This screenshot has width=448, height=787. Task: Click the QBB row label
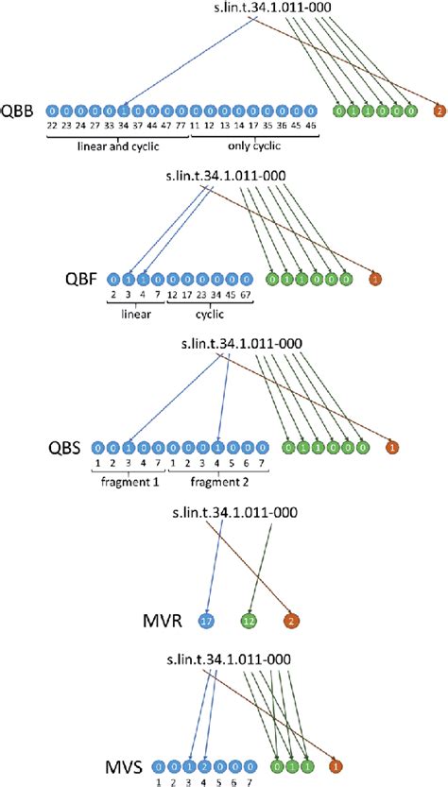(x=19, y=111)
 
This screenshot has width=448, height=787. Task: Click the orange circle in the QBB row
(x=439, y=111)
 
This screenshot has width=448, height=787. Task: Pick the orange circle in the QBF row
(x=376, y=280)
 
